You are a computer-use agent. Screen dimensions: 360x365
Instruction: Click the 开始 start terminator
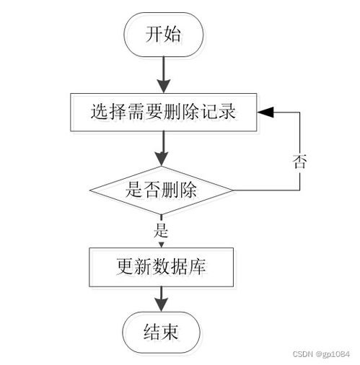click(163, 35)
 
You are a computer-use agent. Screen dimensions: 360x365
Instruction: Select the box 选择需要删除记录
click(164, 113)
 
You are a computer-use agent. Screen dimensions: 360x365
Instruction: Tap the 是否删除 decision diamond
click(162, 190)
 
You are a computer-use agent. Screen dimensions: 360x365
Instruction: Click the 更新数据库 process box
click(162, 267)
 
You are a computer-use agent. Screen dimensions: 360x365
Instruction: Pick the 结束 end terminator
click(161, 333)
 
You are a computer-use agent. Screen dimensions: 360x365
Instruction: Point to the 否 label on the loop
click(299, 162)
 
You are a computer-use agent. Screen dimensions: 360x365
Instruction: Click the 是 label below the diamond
click(161, 230)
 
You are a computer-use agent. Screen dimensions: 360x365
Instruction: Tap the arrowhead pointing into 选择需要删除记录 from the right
click(265, 112)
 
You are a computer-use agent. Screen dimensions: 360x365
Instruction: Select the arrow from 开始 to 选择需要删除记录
click(164, 75)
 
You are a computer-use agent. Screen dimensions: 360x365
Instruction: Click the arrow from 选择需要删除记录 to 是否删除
click(162, 149)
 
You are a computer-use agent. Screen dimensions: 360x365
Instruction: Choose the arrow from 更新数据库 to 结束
click(161, 299)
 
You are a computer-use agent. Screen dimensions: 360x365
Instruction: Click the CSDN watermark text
click(303, 354)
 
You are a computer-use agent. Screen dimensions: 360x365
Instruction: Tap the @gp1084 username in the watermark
click(333, 354)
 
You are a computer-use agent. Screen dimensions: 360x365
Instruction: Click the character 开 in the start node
click(154, 34)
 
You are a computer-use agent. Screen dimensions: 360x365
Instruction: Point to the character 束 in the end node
click(170, 332)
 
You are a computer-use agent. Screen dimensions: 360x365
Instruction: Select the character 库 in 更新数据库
click(197, 267)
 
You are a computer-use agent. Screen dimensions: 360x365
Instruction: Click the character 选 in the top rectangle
click(100, 112)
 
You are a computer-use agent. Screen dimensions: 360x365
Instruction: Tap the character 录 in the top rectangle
click(227, 112)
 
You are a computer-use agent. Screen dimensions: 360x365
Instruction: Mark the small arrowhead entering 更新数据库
click(162, 245)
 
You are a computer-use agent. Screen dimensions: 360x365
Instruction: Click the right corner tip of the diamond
click(233, 190)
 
